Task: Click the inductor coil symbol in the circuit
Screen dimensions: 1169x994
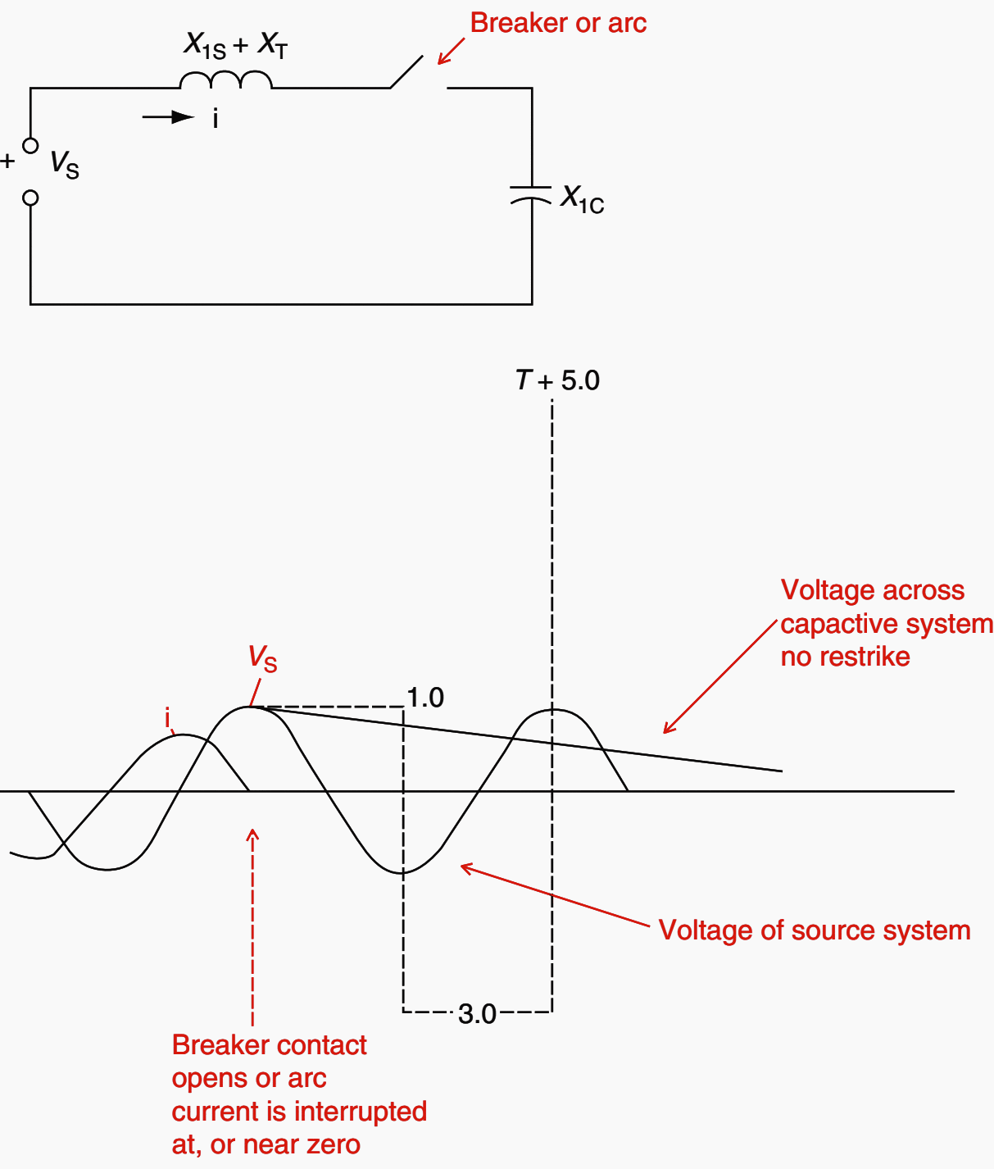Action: pos(225,80)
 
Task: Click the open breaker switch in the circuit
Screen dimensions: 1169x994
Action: pos(407,72)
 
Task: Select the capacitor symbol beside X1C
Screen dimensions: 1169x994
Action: pos(531,194)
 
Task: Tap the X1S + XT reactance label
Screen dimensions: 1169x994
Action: pos(235,44)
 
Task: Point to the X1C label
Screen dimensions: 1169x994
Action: pos(582,199)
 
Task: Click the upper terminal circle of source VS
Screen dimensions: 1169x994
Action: pos(30,146)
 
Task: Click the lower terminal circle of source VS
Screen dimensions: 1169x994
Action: pos(30,198)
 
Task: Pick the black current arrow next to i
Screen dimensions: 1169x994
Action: pos(169,118)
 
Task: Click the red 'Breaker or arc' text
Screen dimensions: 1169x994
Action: pos(558,24)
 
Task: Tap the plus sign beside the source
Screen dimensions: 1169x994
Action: pos(7,161)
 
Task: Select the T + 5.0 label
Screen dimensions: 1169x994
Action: pos(558,380)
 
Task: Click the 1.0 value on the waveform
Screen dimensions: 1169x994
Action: pos(425,698)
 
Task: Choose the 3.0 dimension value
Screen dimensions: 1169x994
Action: pos(477,1014)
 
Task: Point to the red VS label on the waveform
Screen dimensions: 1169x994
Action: pos(263,658)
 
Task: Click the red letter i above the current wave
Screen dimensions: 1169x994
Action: pos(167,719)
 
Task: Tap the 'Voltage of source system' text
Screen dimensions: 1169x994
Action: pos(815,930)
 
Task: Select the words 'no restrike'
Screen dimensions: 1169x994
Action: pos(845,657)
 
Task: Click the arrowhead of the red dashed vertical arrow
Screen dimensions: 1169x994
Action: pos(252,835)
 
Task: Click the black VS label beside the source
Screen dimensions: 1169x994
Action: pos(65,164)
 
